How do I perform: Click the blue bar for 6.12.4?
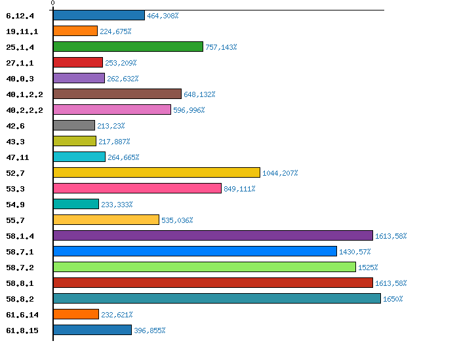click(98, 15)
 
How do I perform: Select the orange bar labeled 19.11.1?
click(75, 31)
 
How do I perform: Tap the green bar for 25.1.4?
click(128, 47)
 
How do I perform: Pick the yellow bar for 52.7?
click(156, 172)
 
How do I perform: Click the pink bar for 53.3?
click(137, 188)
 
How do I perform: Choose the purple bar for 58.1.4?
click(212, 235)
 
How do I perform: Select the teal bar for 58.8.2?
click(216, 298)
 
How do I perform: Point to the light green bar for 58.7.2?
click(204, 267)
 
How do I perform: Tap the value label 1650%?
click(393, 299)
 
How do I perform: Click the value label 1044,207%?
click(280, 173)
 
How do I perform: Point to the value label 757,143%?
click(221, 47)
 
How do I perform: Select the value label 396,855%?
click(150, 330)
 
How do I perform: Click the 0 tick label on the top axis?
click(52, 4)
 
